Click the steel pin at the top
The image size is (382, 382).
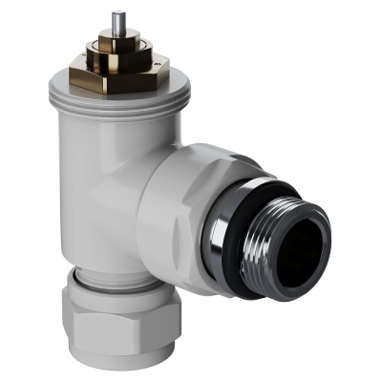117,23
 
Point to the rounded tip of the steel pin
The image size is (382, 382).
117,13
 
